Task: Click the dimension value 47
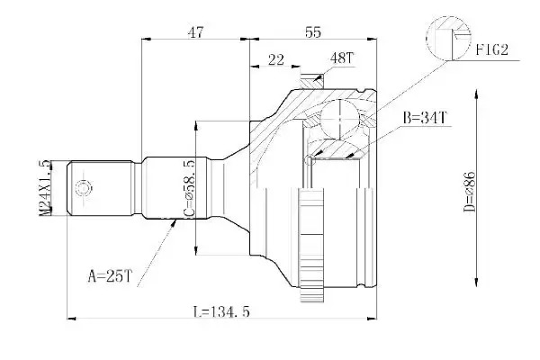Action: point(195,32)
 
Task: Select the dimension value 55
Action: point(313,32)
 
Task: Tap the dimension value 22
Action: point(276,59)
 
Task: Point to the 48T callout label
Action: point(342,58)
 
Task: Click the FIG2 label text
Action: point(492,50)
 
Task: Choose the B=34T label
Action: point(425,118)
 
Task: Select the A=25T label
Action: point(110,276)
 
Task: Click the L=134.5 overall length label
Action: point(220,311)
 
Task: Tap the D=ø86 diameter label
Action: point(470,192)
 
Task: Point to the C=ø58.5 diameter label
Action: point(189,188)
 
